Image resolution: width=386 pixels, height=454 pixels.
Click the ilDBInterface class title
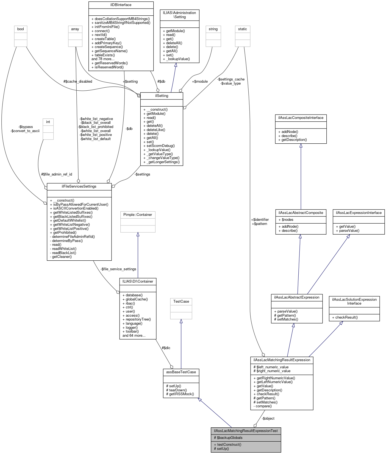[121, 5]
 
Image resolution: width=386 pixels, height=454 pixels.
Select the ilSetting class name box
[162, 96]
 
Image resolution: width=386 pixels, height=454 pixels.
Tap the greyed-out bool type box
[21, 29]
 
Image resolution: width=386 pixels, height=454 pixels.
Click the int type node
[48, 122]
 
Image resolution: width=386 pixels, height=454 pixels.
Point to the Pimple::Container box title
[138, 215]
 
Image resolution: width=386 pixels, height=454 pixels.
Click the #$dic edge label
[166, 348]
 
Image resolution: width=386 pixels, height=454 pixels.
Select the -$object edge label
[268, 419]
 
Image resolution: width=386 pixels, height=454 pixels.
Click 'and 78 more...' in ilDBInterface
[103, 59]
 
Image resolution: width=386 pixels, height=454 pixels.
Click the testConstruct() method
[229, 444]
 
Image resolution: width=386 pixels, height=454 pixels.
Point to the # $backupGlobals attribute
[228, 438]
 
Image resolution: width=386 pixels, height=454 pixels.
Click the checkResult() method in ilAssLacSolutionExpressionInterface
[346, 317]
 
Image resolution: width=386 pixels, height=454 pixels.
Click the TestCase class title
[181, 302]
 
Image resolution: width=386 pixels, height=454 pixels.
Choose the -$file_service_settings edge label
[118, 269]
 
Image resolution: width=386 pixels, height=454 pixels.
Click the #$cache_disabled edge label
[78, 82]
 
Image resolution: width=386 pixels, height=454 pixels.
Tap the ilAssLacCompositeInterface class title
[301, 118]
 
